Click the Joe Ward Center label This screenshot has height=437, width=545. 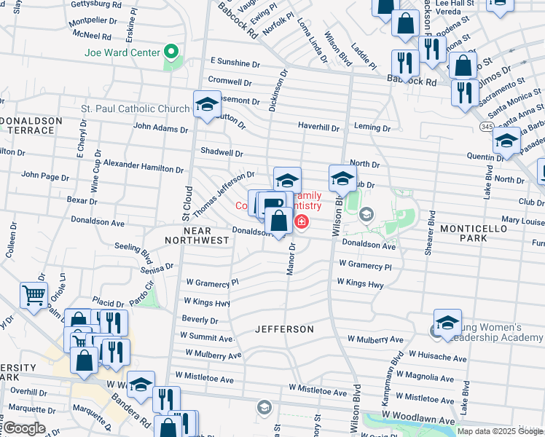[122, 52]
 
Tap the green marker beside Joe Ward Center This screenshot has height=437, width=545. [172, 52]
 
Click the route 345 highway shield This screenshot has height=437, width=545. [486, 127]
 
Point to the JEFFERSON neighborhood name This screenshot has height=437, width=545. [284, 329]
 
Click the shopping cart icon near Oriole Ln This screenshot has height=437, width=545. [34, 296]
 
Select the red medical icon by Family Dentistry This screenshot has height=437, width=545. [299, 221]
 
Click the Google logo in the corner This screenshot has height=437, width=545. [25, 428]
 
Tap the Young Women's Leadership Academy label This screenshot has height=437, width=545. [495, 333]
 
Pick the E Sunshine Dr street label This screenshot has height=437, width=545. [235, 63]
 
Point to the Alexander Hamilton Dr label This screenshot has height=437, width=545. [143, 167]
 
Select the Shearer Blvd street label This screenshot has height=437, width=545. [431, 237]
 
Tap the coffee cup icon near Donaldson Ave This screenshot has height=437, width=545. [271, 205]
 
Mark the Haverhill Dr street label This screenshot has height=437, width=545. [318, 127]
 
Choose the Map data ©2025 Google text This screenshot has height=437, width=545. [500, 430]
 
